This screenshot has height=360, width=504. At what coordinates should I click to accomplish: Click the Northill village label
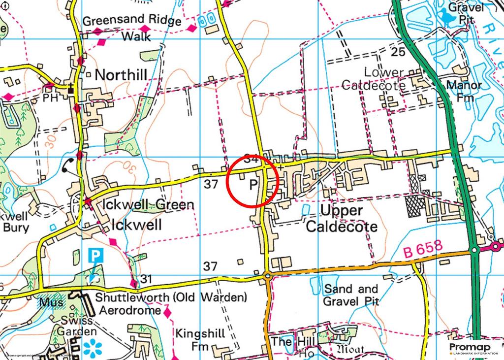click(121, 75)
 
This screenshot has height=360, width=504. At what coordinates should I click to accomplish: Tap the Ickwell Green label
click(148, 204)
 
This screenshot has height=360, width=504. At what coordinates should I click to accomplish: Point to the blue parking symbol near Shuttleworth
click(96, 256)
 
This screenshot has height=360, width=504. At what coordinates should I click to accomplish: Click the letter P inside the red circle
click(253, 185)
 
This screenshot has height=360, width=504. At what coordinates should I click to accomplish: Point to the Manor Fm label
click(464, 91)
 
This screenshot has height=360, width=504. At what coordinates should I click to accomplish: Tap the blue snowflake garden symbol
click(92, 348)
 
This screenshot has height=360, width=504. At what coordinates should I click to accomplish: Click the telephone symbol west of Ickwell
click(69, 167)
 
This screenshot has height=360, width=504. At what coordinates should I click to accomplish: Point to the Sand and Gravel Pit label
click(350, 295)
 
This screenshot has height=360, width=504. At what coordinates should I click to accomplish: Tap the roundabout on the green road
click(474, 250)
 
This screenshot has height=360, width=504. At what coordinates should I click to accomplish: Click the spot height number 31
click(145, 279)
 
